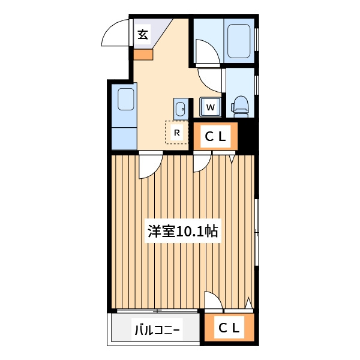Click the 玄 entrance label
click(x=143, y=35)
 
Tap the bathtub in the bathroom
click(x=239, y=41)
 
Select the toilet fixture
click(x=239, y=107)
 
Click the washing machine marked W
click(x=211, y=107)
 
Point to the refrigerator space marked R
click(x=176, y=133)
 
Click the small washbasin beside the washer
click(x=181, y=109)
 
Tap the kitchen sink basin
click(x=125, y=99)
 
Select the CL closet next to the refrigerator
click(x=215, y=136)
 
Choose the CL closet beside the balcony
click(x=229, y=328)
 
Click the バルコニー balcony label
click(x=157, y=330)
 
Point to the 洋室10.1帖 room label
click(x=182, y=231)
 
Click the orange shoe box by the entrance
click(x=143, y=55)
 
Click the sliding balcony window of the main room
click(x=157, y=311)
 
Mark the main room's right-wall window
click(x=257, y=233)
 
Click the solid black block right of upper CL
click(x=248, y=136)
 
